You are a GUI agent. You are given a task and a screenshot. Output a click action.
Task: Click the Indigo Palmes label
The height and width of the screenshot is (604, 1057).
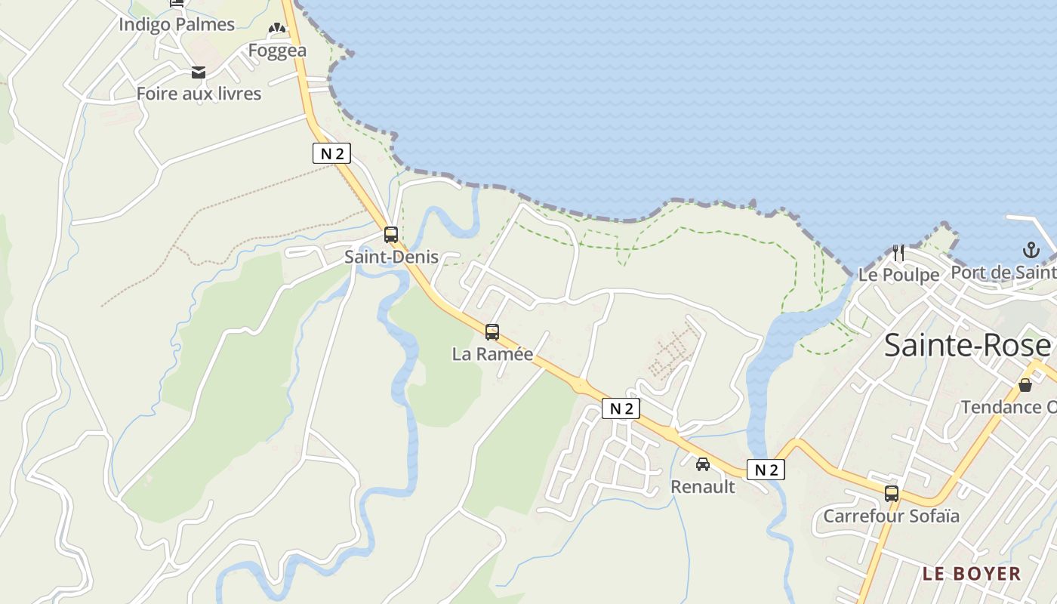pos(177,24)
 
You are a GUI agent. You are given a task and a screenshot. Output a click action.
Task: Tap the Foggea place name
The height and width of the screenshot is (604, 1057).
pos(277,51)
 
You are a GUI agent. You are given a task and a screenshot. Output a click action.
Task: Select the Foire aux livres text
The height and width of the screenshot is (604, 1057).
pos(199,94)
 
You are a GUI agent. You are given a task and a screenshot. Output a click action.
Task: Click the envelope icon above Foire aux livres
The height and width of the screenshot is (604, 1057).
pos(199,72)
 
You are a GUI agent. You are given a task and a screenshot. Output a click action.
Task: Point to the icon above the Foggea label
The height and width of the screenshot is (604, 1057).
pos(277,29)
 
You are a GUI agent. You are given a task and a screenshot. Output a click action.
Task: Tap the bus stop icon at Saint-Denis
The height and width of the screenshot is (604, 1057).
pos(390,235)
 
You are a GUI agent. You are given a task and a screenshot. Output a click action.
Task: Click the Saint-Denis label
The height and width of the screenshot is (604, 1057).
pos(391,257)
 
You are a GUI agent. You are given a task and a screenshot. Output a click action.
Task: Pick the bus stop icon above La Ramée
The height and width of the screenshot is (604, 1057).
pos(492,332)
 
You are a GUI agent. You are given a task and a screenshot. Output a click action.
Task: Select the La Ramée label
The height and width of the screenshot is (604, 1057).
pos(492,353)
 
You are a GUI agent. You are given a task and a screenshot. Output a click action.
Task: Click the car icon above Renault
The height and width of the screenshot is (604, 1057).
pos(703,464)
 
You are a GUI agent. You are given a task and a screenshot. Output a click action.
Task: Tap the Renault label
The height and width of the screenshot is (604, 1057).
pos(703,487)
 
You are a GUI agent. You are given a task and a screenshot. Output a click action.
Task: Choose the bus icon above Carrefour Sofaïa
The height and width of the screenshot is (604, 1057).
pos(892,494)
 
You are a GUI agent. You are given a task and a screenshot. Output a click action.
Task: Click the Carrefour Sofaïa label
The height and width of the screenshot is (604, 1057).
pos(891,516)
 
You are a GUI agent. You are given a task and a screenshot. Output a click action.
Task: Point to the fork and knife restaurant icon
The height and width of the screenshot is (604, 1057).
pos(898,252)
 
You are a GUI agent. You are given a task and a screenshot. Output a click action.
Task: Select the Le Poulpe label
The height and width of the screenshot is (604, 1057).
pos(898,275)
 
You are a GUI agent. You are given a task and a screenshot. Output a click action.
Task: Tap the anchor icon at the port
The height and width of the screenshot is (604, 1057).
pos(1031,250)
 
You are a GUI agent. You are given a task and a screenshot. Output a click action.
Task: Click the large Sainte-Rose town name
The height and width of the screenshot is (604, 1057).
pos(967,346)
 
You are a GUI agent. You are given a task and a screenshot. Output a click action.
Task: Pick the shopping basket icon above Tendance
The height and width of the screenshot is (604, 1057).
pos(1025,385)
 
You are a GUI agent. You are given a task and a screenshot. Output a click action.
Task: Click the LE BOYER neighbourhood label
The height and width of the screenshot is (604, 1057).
pos(971,574)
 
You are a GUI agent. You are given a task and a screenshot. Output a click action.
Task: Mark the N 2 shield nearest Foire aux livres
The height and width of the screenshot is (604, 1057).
pos(331,154)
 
